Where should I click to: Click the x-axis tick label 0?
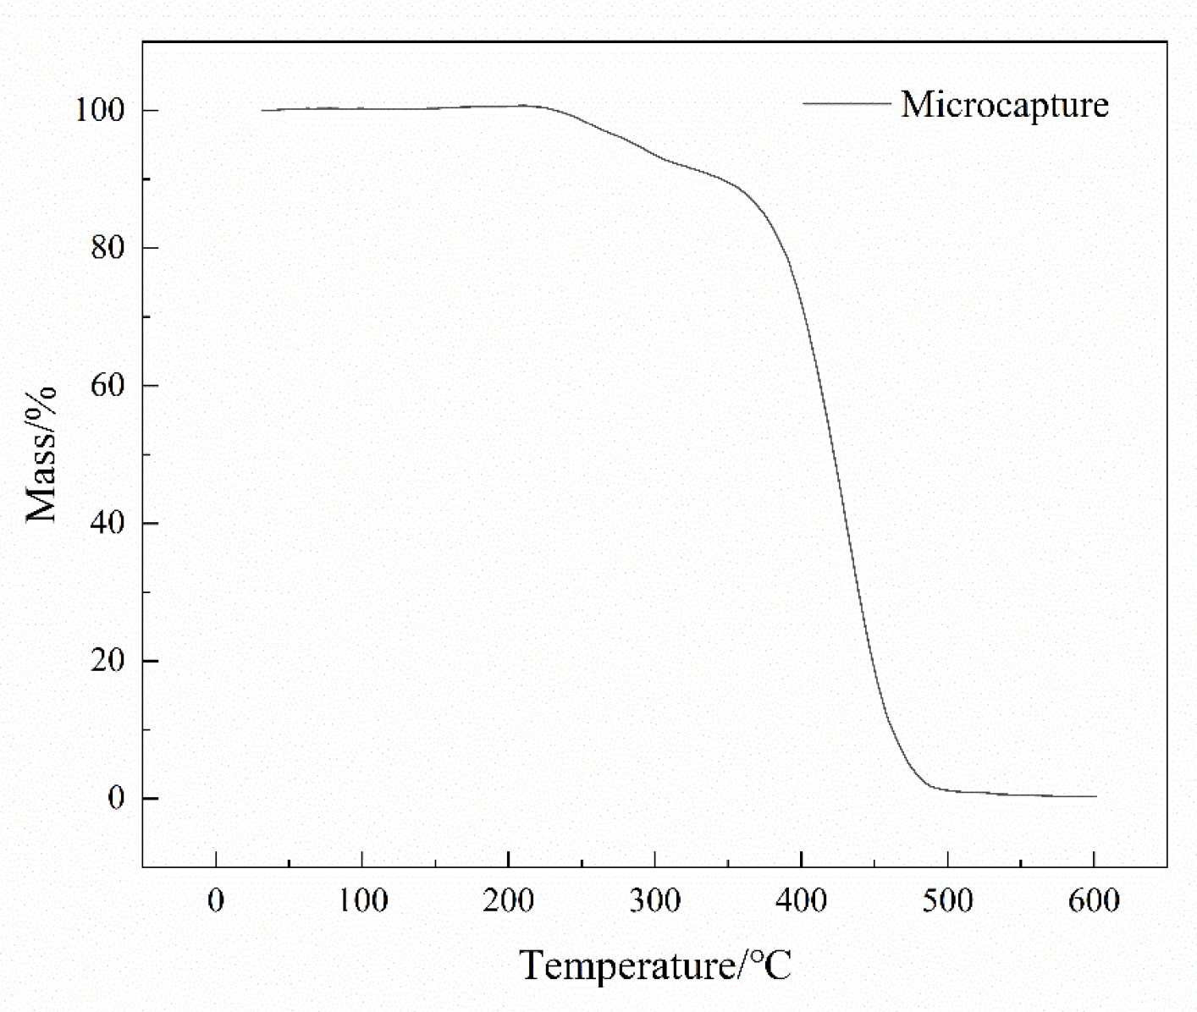coord(216,901)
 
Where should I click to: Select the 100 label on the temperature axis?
coord(362,901)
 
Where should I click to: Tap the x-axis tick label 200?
coord(508,901)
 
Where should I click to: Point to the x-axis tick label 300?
coord(654,901)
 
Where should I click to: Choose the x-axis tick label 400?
coord(801,901)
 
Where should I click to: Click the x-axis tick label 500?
coord(947,901)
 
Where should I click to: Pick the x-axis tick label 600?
coord(1094,901)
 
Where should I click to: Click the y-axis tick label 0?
coord(116,799)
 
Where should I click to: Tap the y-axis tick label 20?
coord(108,661)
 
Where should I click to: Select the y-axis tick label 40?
coord(108,523)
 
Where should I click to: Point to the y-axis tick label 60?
coord(108,386)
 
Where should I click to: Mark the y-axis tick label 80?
coord(108,248)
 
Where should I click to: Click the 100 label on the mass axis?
coord(100,111)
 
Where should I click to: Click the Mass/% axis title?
coord(41,454)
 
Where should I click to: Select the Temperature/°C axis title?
coord(655,965)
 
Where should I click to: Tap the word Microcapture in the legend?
coord(1004,105)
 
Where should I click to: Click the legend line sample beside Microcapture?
coord(847,104)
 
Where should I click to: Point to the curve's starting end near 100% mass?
coord(263,110)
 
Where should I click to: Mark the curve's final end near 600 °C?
coord(1095,796)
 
